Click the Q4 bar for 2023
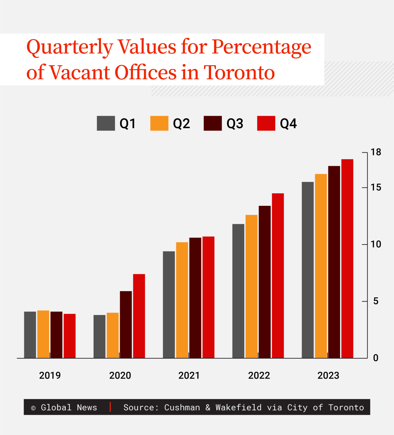tap(347, 259)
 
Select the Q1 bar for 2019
tap(30, 335)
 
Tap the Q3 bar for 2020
tap(126, 325)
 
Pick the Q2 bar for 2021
tap(182, 300)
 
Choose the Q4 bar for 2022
tap(278, 276)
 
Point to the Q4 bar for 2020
tap(139, 316)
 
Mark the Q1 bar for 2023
tap(308, 270)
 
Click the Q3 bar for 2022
tap(265, 282)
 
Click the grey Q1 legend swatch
tap(106, 123)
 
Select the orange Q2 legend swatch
tap(159, 123)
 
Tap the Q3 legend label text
tap(235, 124)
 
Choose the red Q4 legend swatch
tap(266, 123)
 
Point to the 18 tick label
tap(376, 152)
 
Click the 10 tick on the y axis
tap(365, 245)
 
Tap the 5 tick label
tap(376, 301)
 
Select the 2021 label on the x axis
tap(189, 376)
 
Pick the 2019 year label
tap(50, 376)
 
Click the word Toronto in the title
tap(239, 72)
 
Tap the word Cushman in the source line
tap(182, 408)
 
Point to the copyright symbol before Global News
tap(33, 408)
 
